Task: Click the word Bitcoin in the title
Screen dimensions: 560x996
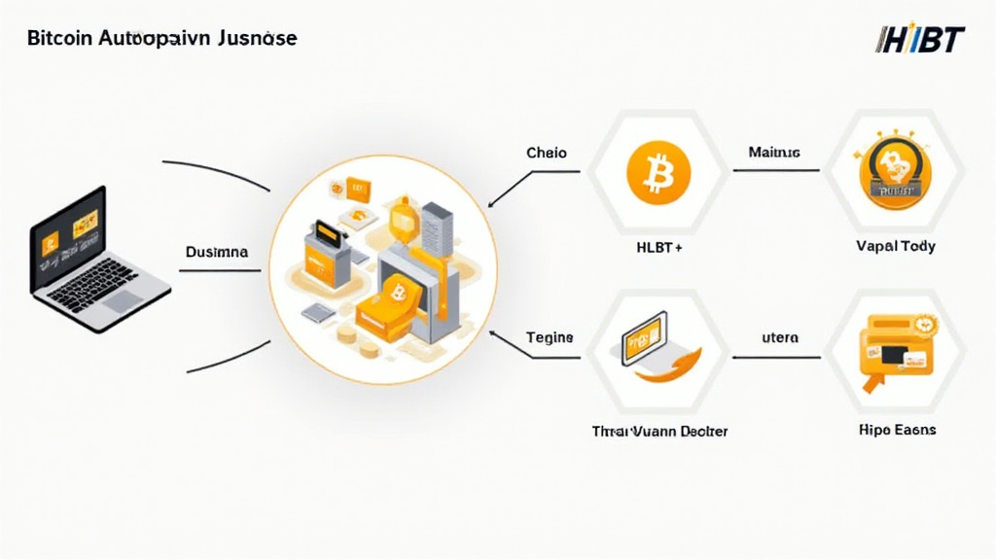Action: pyautogui.click(x=54, y=40)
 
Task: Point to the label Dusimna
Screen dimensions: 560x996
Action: pyautogui.click(x=215, y=252)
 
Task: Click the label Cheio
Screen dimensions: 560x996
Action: pyautogui.click(x=546, y=154)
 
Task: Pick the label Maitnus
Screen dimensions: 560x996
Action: pyautogui.click(x=774, y=153)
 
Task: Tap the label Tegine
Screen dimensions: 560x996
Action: pyautogui.click(x=550, y=338)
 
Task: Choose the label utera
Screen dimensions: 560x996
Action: pyautogui.click(x=777, y=338)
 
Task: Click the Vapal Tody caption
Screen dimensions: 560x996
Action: pyautogui.click(x=896, y=246)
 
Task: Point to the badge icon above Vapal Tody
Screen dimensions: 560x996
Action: pyautogui.click(x=893, y=173)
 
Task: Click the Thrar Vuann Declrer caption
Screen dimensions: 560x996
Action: pyautogui.click(x=658, y=431)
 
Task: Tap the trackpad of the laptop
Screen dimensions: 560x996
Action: pyautogui.click(x=124, y=301)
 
